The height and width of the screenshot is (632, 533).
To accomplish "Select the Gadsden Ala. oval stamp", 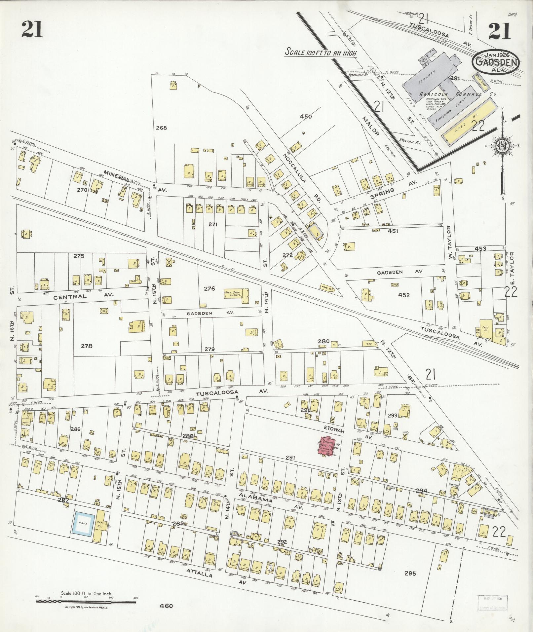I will (x=496, y=62).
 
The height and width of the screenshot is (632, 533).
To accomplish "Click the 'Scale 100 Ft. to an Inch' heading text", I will (x=321, y=52).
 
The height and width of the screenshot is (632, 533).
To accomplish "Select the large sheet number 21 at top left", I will (x=32, y=29).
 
